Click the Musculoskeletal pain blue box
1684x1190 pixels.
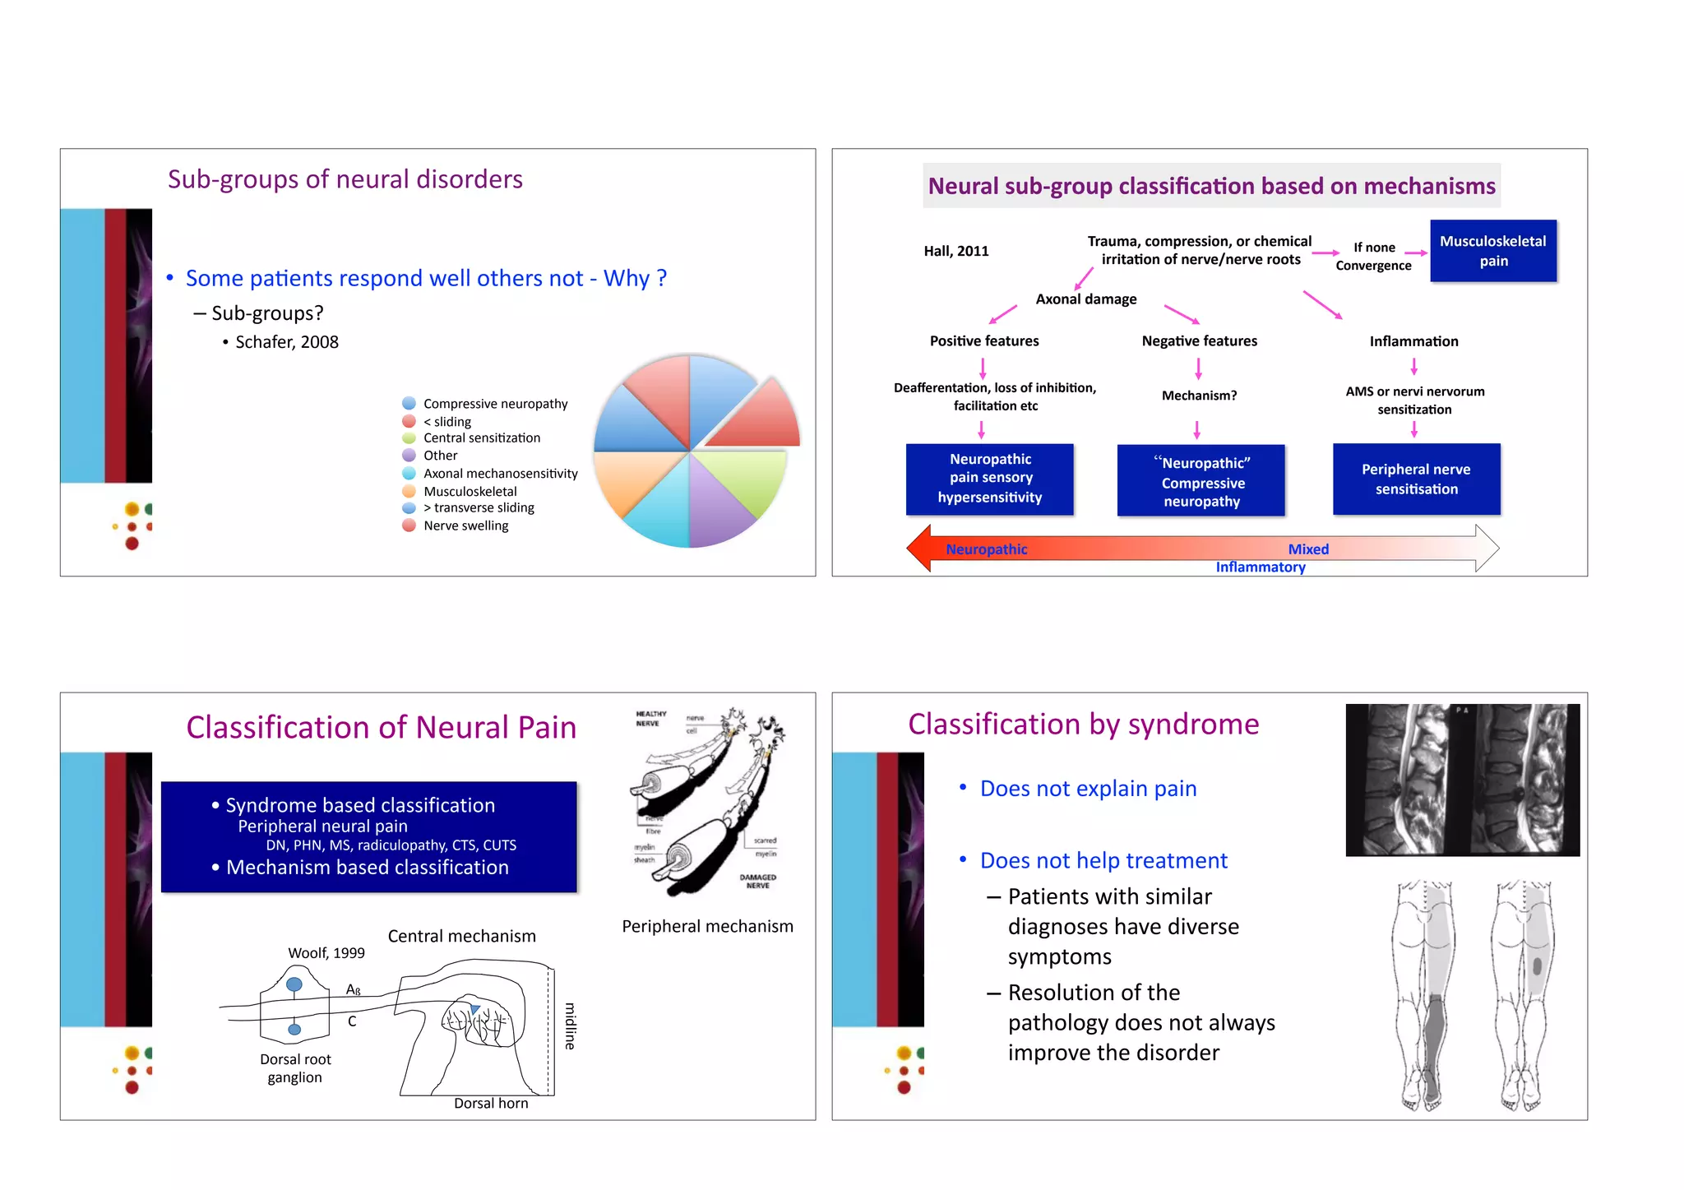click(1492, 251)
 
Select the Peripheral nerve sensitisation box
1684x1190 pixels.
click(1416, 479)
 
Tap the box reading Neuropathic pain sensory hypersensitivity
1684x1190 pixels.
click(989, 479)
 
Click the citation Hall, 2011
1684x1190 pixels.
click(955, 252)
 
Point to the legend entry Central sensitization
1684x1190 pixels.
click(481, 438)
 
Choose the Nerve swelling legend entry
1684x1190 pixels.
click(465, 526)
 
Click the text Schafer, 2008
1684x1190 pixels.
click(286, 342)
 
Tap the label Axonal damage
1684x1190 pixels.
click(1085, 299)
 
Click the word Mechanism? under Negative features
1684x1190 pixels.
click(1199, 396)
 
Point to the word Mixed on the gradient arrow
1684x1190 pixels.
click(1307, 549)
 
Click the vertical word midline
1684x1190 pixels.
click(570, 1026)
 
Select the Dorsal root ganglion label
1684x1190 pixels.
click(295, 1068)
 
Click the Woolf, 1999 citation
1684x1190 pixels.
click(326, 953)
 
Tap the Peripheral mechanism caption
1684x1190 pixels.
click(707, 927)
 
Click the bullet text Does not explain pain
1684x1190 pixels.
click(1087, 789)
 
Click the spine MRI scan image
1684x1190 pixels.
click(1462, 780)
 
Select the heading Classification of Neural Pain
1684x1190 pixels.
click(381, 728)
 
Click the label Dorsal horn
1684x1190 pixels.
click(491, 1104)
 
